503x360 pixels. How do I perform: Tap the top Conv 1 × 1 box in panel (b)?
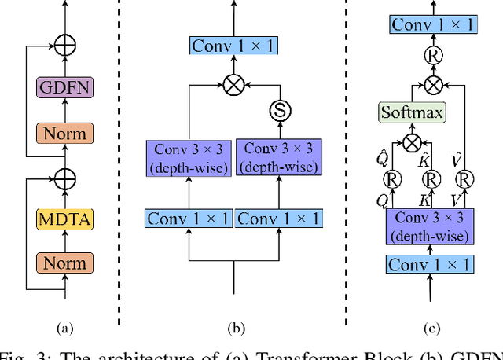point(233,46)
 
